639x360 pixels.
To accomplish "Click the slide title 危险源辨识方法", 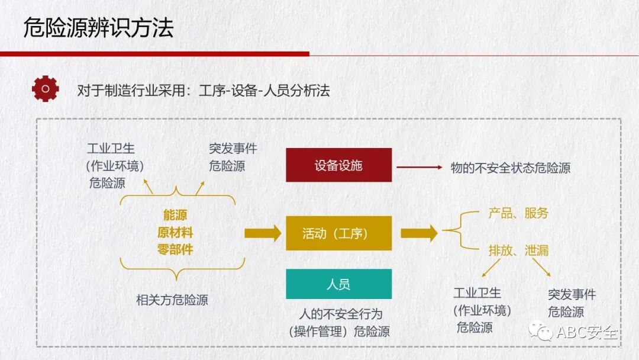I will coord(98,28).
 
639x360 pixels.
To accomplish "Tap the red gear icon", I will coord(45,89).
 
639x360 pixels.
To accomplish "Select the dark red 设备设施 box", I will coord(338,165).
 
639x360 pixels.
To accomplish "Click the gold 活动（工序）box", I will coord(338,233).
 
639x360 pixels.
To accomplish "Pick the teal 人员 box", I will coord(338,284).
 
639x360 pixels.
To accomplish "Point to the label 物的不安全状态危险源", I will coord(510,168).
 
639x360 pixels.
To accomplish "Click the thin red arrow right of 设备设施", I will coord(419,168).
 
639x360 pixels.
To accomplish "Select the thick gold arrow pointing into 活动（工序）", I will coord(262,233).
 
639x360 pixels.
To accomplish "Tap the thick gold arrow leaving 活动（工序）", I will coord(418,233).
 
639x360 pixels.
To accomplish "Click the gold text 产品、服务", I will coord(518,213).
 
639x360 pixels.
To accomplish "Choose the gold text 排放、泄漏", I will coord(518,250).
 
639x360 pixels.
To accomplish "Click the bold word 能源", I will coord(175,216).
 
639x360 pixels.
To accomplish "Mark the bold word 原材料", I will coord(175,232).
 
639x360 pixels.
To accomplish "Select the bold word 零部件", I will coord(175,249).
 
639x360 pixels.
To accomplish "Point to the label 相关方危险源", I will coord(172,300).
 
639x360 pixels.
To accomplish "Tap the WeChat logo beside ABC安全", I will coord(541,331).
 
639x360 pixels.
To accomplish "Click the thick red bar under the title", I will coord(154,54).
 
